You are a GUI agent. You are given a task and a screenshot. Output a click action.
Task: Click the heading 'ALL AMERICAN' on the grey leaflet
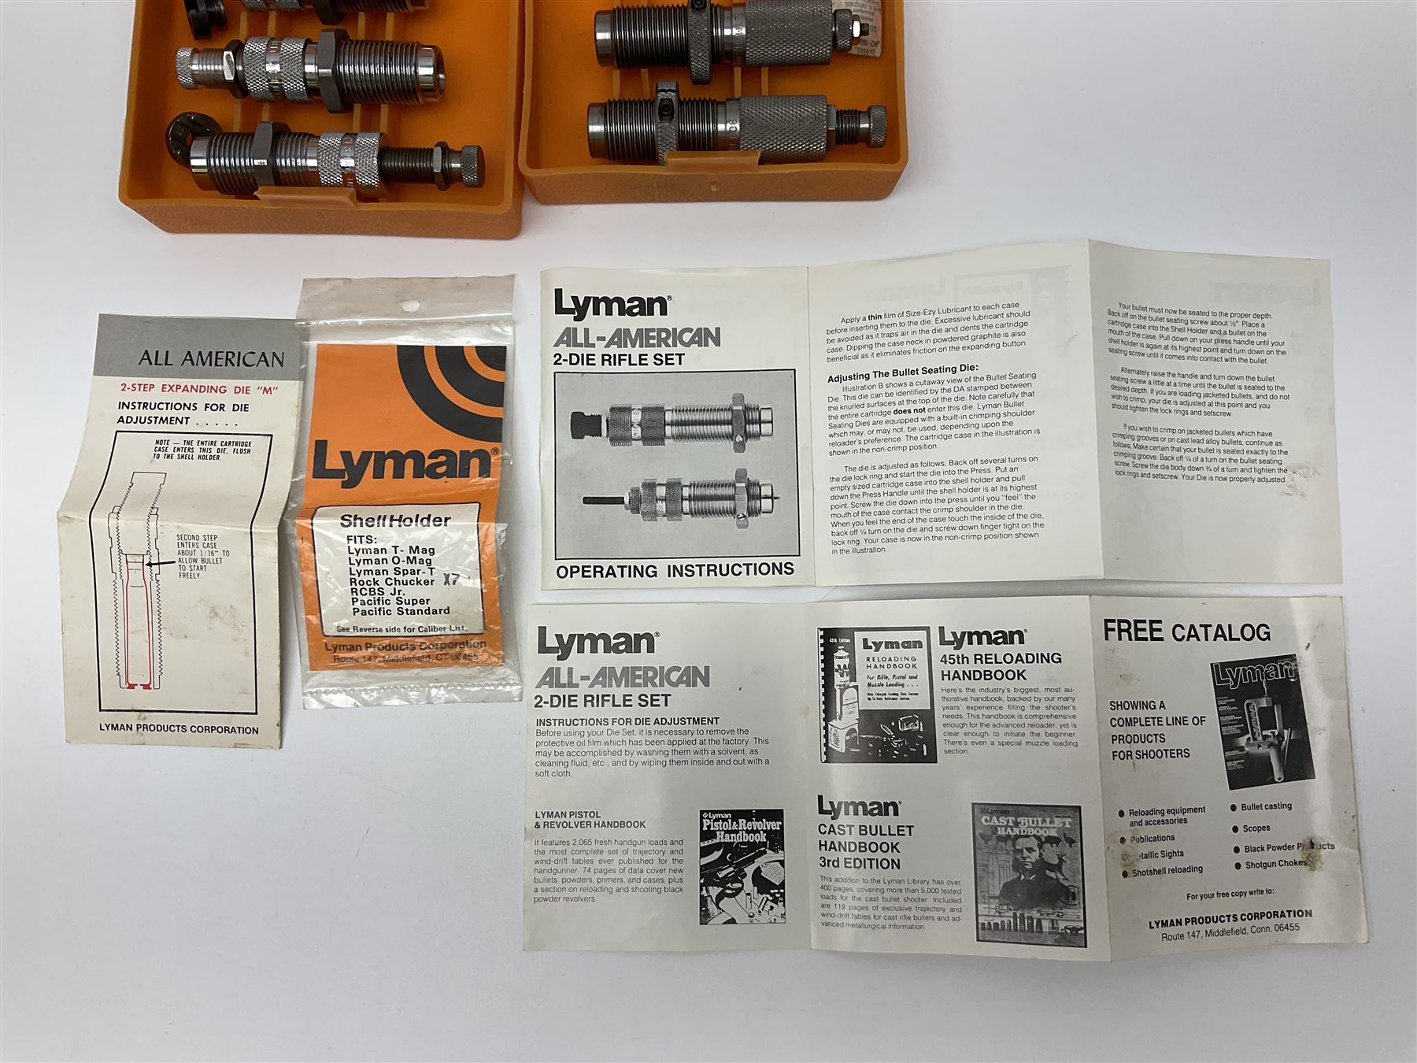[211, 360]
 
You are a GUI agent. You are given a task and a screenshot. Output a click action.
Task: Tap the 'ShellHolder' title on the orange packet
[394, 520]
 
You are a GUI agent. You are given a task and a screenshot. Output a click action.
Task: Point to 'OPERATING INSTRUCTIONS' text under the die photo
[675, 570]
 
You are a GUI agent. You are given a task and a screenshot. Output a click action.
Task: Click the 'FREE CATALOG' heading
[1186, 632]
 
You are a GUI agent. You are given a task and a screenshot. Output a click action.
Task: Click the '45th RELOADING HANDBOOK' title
[1000, 666]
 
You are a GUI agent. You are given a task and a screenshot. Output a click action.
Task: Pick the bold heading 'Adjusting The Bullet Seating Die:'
[904, 368]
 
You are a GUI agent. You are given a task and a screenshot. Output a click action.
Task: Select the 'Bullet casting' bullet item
[1266, 807]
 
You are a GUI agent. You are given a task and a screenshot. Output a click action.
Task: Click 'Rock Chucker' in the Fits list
[391, 581]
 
